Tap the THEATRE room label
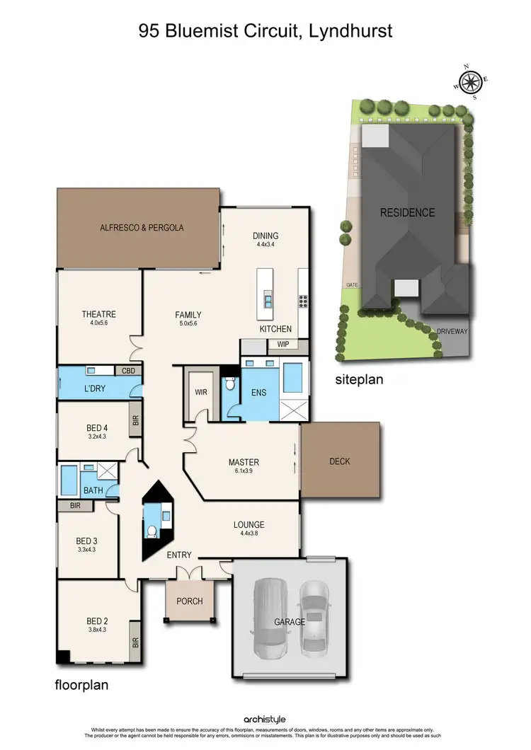coord(98,315)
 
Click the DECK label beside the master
coord(340,461)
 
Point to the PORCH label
coord(189,601)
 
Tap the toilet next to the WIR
coord(229,387)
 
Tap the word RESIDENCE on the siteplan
coord(407,212)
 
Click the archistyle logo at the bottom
coord(265,720)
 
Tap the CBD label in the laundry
coord(129,371)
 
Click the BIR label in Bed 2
coord(135,644)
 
